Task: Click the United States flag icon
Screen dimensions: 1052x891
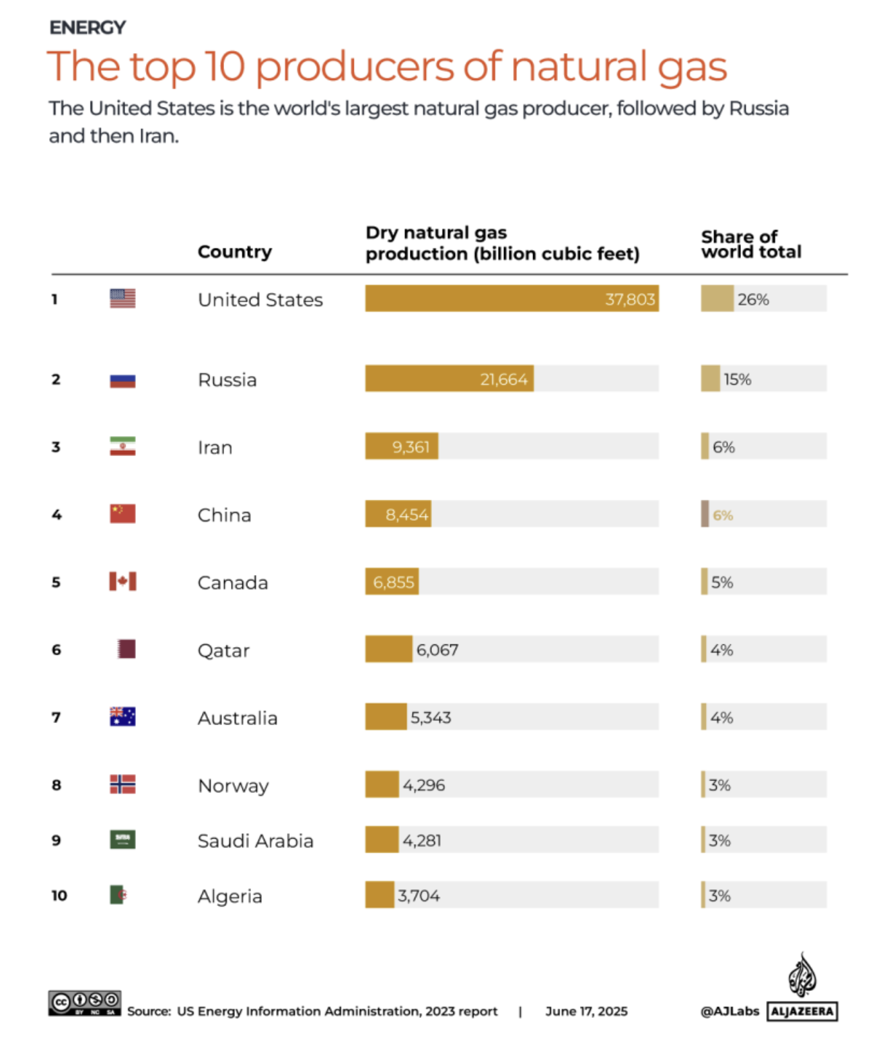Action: pos(122,298)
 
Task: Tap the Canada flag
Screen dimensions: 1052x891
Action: pos(122,581)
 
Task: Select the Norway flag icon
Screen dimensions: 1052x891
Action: pos(122,784)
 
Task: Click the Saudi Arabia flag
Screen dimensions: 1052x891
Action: pos(122,839)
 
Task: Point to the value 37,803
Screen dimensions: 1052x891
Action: pos(629,299)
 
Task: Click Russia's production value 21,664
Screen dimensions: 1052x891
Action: pos(503,379)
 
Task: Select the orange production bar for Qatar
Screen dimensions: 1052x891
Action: pos(388,649)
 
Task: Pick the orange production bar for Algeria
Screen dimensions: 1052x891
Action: pos(380,895)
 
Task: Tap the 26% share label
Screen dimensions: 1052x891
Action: pos(753,299)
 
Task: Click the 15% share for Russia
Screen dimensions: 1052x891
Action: pos(737,379)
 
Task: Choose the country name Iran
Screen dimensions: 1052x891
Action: pos(215,447)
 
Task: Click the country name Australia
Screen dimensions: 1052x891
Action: pos(237,718)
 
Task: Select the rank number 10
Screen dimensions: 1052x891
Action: pos(59,895)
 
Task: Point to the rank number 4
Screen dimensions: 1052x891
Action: pos(57,515)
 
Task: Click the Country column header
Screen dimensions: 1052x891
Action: pos(234,252)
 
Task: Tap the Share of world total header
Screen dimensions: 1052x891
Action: pos(750,244)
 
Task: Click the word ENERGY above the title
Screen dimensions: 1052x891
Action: pos(87,28)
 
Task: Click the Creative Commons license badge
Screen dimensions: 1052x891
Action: pos(84,1003)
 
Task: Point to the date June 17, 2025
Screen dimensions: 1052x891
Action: pos(586,1011)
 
